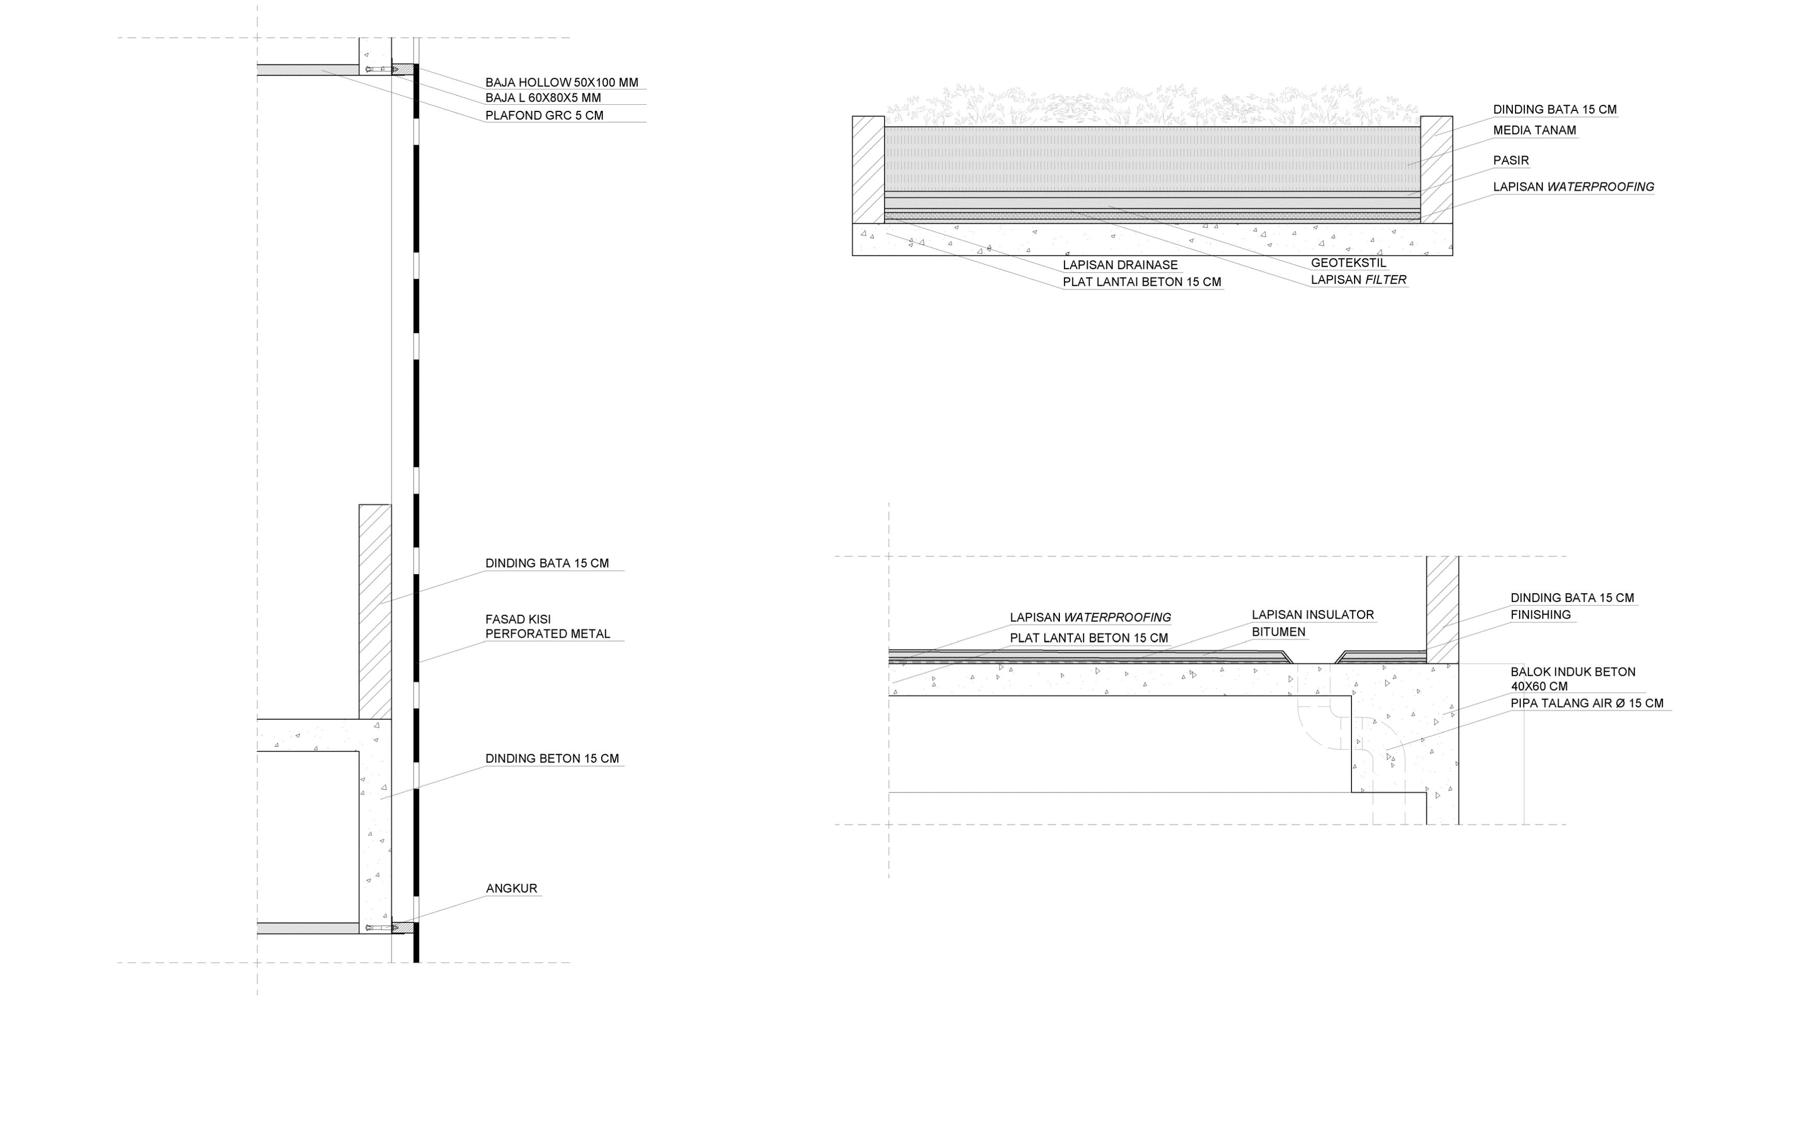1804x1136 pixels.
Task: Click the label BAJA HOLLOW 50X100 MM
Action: (561, 83)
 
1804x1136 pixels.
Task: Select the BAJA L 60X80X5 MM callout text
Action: (542, 98)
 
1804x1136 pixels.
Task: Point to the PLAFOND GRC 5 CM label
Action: (544, 116)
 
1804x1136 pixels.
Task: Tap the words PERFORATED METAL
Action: (547, 634)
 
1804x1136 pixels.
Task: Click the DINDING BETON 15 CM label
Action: (552, 758)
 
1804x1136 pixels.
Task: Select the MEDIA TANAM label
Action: (1534, 131)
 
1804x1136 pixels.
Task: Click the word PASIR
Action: (1510, 160)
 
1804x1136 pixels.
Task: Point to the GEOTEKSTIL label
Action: (1348, 263)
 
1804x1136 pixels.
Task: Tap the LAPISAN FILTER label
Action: (1358, 280)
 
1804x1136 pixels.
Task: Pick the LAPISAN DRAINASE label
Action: (1119, 265)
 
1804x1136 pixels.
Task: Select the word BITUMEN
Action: (1278, 632)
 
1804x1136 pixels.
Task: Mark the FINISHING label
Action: (1540, 615)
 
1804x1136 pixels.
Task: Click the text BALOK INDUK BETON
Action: (1572, 672)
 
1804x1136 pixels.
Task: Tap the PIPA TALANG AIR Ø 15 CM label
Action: (1586, 703)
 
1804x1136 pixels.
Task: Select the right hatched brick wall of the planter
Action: (1436, 169)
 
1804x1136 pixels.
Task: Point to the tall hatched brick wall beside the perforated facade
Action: (375, 611)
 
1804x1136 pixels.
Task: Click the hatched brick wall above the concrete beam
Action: (1441, 609)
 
